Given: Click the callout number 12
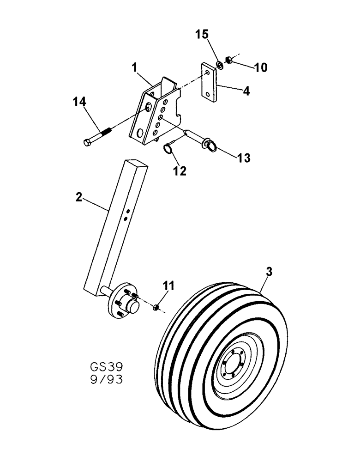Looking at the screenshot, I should (x=180, y=171).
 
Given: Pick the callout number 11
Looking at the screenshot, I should (x=168, y=286).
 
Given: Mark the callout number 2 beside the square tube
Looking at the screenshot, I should (x=78, y=198).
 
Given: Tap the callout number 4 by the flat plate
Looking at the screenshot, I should (x=246, y=91).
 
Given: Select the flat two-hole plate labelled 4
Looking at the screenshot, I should (x=210, y=82).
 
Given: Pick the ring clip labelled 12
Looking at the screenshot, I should (x=168, y=149).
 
